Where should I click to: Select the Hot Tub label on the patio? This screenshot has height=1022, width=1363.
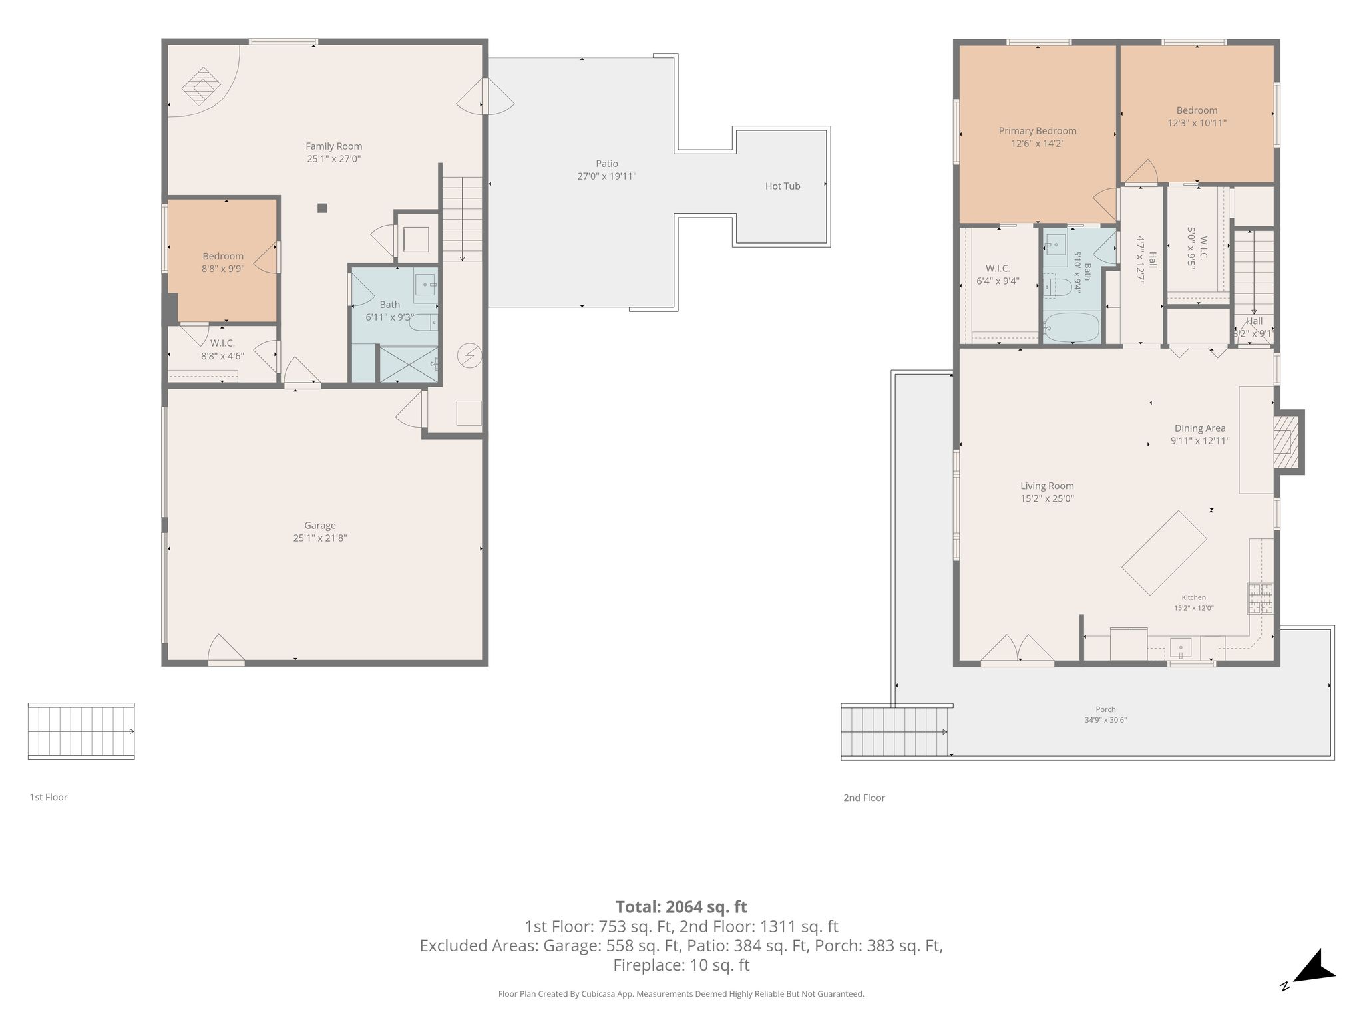pyautogui.click(x=783, y=186)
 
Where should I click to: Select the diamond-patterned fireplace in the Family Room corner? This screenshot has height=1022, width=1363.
pyautogui.click(x=202, y=86)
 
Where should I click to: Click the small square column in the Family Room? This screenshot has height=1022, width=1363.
pyautogui.click(x=322, y=208)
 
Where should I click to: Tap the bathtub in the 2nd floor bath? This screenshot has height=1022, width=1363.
pyautogui.click(x=1071, y=327)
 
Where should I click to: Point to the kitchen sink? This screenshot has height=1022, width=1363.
pyautogui.click(x=1181, y=647)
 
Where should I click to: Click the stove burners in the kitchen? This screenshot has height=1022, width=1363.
pyautogui.click(x=1260, y=598)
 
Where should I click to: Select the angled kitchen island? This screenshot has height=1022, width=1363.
pyautogui.click(x=1164, y=553)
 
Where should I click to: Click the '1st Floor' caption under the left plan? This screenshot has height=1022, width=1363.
pyautogui.click(x=49, y=797)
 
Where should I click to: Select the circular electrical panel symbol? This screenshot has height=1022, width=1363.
pyautogui.click(x=469, y=356)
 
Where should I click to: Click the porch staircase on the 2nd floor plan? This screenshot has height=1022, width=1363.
pyautogui.click(x=895, y=731)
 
